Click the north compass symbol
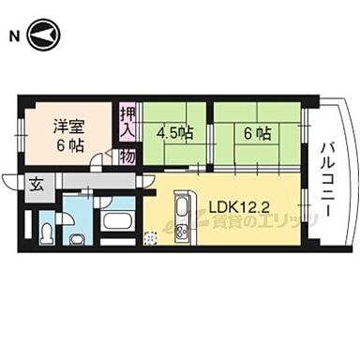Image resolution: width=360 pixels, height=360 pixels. coord(43,37)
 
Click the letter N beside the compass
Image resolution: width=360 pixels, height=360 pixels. coord(14,37)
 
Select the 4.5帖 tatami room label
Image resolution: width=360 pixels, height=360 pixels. coord(174,133)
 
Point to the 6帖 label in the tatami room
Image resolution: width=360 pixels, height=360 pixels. coord(257,133)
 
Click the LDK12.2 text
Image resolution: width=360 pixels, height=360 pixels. coord(239,205)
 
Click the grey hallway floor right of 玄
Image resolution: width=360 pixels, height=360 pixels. coord(84,180)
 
